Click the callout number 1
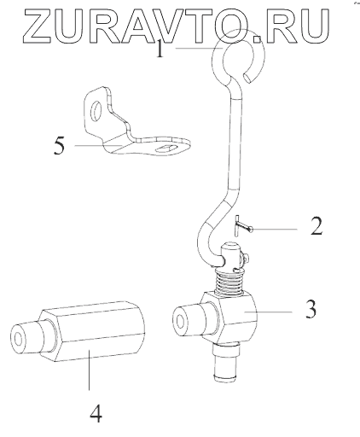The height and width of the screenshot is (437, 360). (160, 48)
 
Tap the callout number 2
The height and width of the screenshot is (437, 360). (316, 226)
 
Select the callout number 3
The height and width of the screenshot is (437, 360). (311, 309)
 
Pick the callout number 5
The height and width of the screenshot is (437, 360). (59, 146)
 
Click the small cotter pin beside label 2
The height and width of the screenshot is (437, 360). (242, 226)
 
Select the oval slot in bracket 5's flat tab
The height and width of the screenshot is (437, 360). (165, 148)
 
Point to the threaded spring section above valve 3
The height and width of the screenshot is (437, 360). (229, 283)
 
